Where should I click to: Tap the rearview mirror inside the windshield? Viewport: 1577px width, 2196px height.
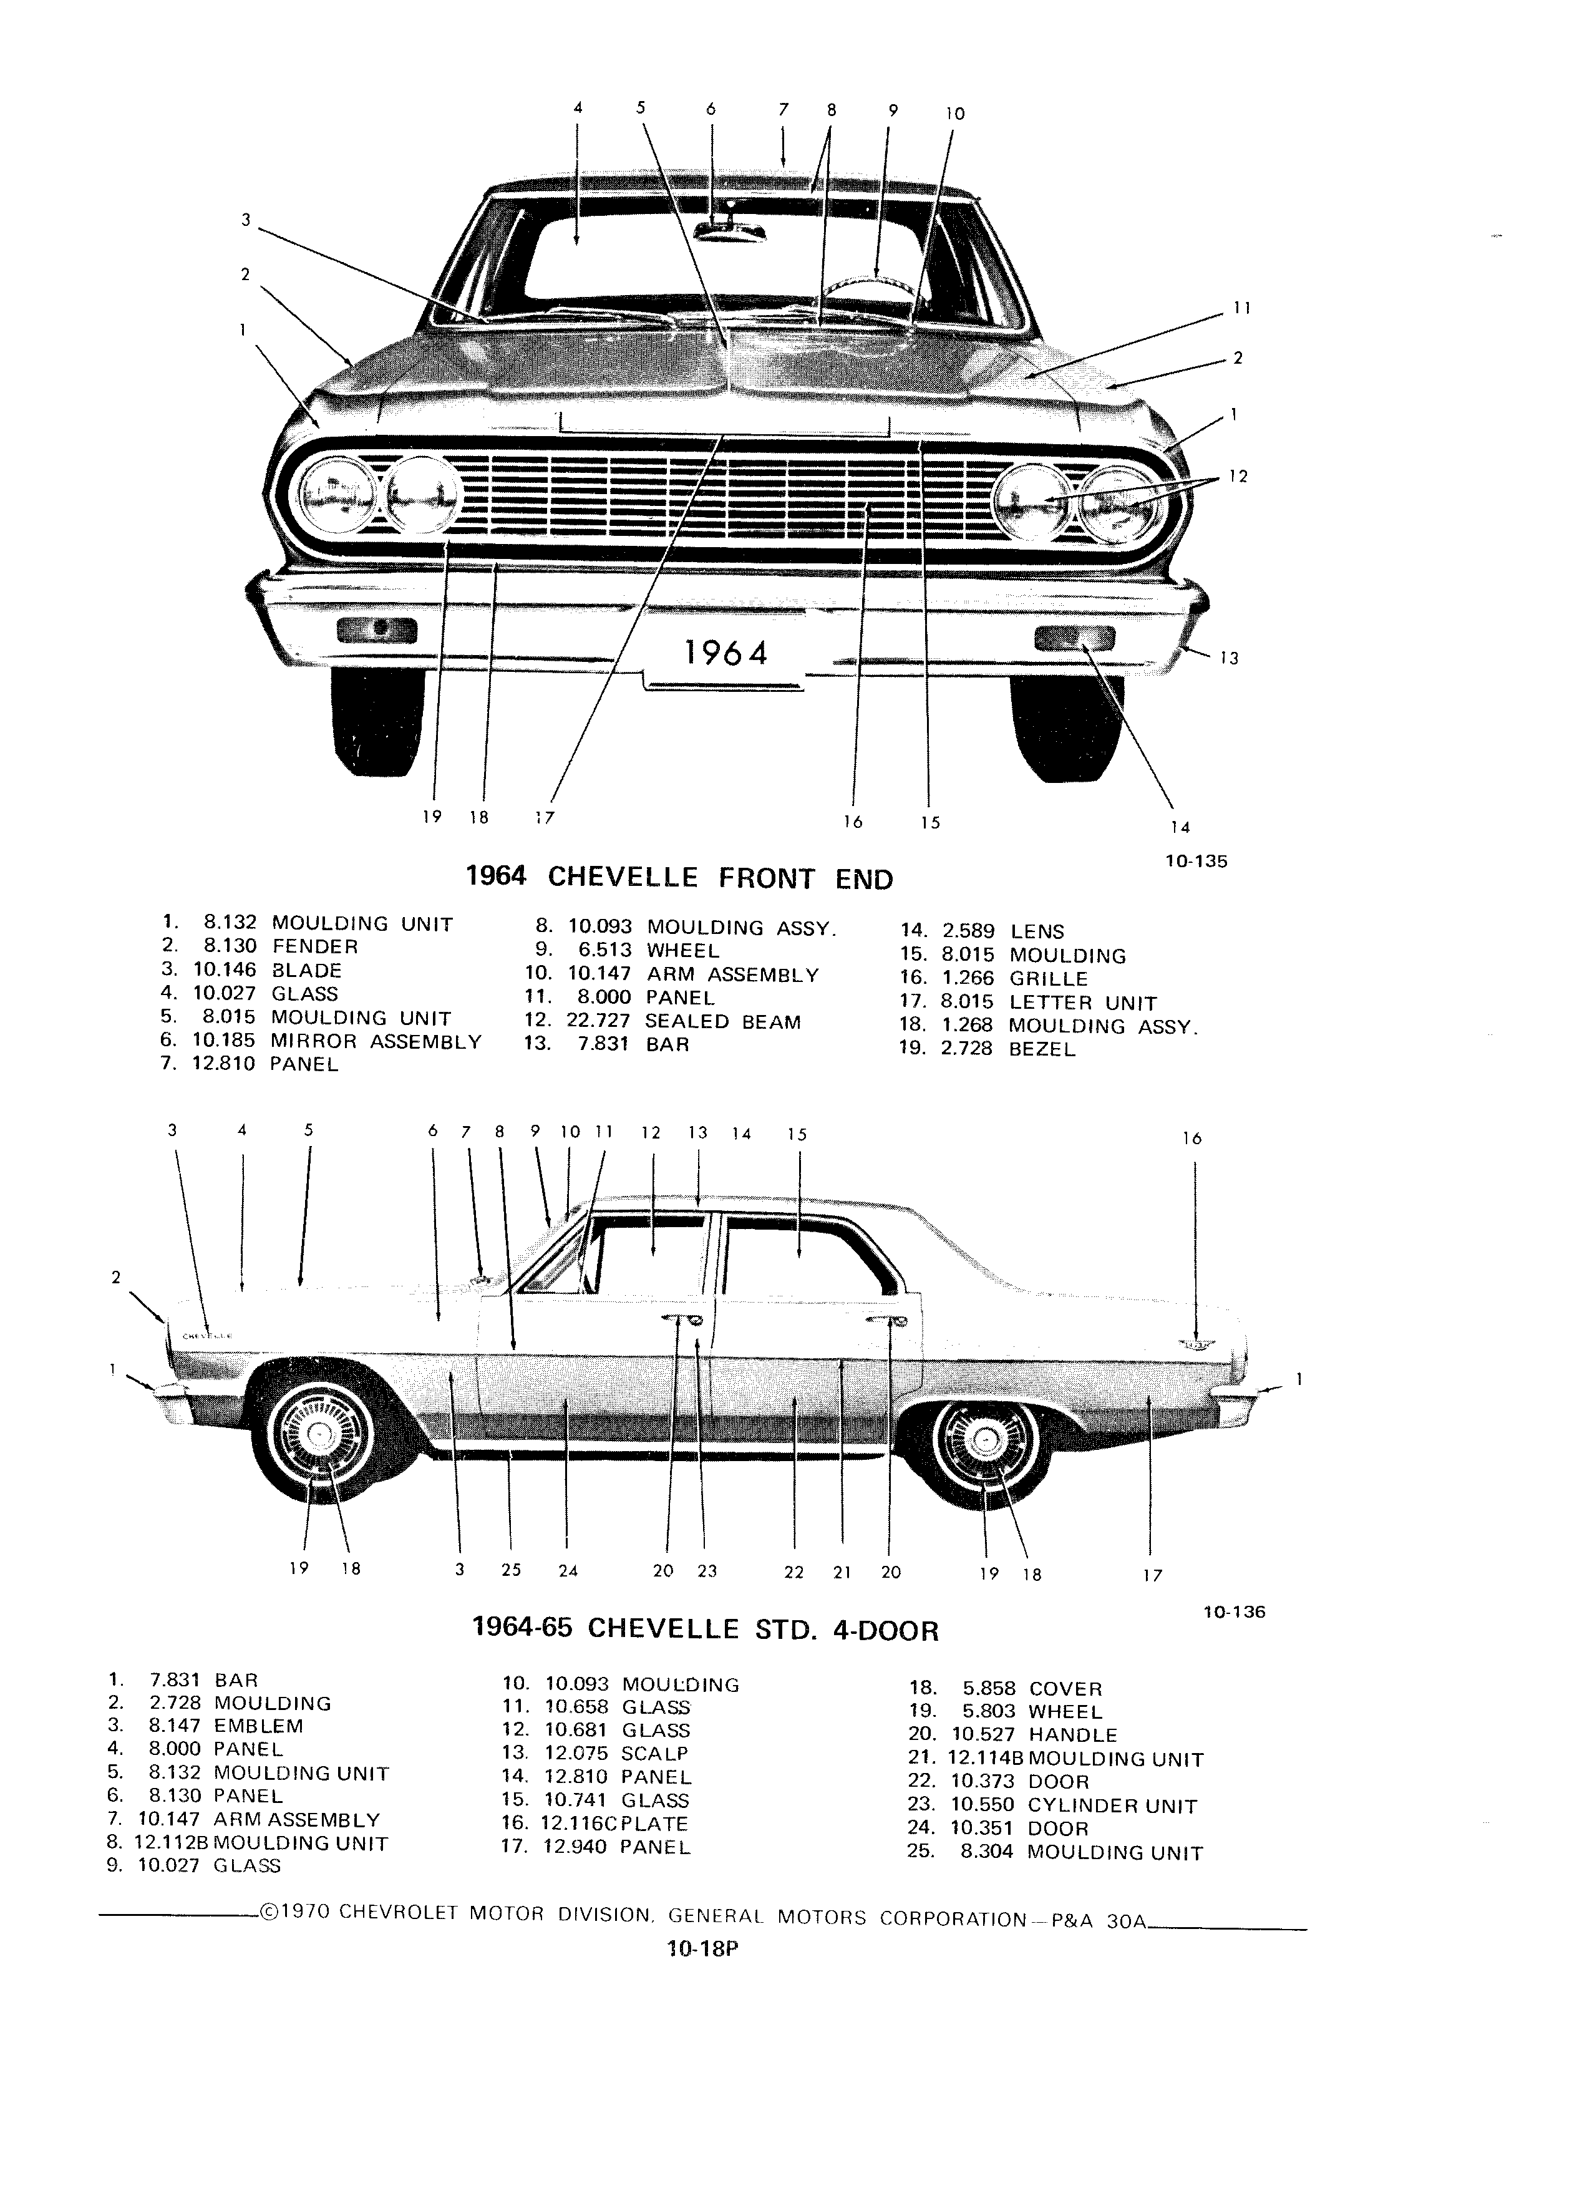(730, 230)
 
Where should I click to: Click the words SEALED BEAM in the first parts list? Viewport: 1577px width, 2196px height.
(722, 1021)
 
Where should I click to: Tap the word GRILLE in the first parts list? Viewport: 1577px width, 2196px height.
(1049, 979)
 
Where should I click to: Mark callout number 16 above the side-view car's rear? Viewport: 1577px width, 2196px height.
(1191, 1139)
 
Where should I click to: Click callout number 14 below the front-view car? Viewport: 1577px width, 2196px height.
(1180, 827)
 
